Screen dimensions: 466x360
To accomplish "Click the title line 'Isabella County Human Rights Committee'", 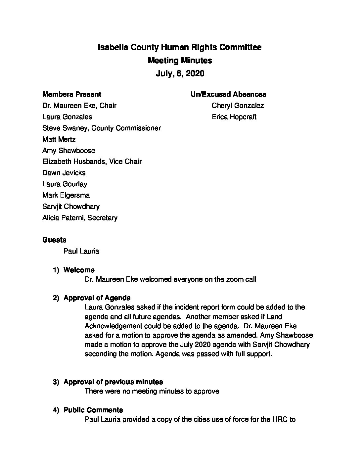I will [180, 47].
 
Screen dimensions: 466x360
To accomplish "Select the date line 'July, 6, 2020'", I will [180, 73].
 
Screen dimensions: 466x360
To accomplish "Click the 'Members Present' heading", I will [72, 94].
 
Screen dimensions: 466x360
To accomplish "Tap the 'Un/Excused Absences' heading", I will [228, 94].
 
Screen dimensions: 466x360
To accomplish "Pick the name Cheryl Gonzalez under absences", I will [238, 106].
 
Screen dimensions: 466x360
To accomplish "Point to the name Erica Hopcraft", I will [234, 117].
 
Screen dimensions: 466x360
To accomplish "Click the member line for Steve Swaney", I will [102, 128].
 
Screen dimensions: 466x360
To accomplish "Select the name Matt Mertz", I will [59, 139].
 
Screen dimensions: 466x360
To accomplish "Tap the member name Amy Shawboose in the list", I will [68, 151].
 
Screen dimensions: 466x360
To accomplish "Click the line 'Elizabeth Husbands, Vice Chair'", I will [92, 162].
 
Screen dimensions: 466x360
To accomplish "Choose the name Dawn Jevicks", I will [64, 173].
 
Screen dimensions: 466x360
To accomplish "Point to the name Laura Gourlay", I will [65, 184].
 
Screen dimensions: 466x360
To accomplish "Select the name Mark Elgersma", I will [66, 195].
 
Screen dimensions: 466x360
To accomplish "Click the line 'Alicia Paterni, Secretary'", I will [80, 218].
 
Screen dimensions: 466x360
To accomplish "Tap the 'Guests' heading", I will [54, 240].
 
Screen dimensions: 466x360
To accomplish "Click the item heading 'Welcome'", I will [79, 270].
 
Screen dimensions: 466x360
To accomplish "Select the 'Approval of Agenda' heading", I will [97, 298].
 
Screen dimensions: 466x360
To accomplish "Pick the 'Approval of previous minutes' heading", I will [113, 382].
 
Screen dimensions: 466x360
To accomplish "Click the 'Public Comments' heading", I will [93, 410].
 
